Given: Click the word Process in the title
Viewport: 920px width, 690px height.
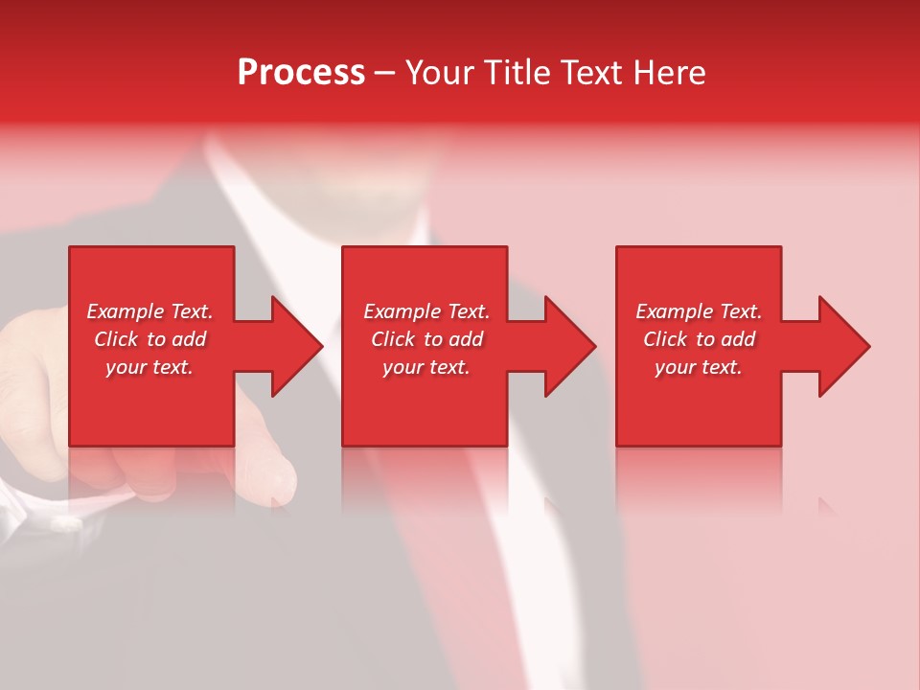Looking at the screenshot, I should tap(301, 73).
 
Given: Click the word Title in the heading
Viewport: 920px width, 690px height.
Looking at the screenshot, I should tap(517, 73).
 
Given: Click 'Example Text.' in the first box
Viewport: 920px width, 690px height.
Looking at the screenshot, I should tap(149, 311).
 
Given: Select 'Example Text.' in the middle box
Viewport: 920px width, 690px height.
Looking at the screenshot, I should tap(426, 311).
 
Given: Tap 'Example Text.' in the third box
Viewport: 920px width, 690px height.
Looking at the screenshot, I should tap(699, 311).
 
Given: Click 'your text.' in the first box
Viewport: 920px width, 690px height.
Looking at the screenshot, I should tap(149, 367).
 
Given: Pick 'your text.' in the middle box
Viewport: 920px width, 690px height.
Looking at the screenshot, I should tap(426, 367).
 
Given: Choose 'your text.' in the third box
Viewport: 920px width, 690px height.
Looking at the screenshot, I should tap(699, 367).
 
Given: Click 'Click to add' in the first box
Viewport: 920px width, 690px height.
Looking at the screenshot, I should tap(149, 339).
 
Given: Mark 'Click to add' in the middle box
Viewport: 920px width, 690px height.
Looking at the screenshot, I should tap(426, 339).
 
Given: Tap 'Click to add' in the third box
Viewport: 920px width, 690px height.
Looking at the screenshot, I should tap(699, 339).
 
